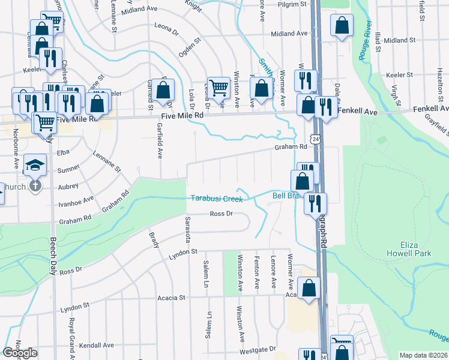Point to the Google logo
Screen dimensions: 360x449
coord(20,353)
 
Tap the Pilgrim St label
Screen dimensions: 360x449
coord(295,4)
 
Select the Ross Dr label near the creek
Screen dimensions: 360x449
coord(220,214)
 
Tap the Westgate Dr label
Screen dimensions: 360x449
coord(258,349)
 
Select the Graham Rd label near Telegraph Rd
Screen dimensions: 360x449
coord(287,146)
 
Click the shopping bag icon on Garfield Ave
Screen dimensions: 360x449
coord(163,90)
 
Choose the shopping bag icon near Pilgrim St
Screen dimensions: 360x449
coord(342,26)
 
